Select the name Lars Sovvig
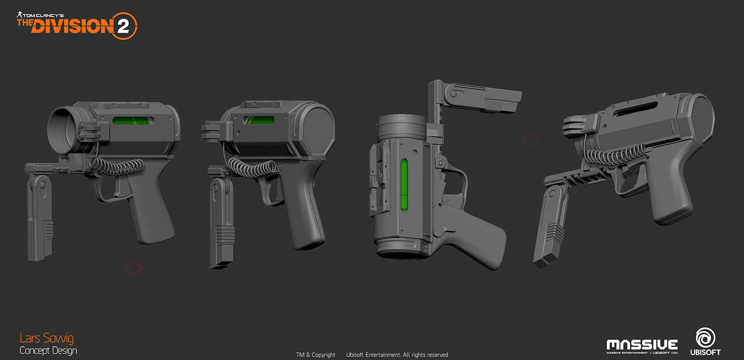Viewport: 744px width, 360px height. [47, 338]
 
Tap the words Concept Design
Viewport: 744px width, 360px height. [48, 350]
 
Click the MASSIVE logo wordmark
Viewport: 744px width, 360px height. [642, 345]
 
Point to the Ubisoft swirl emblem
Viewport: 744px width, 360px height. [705, 337]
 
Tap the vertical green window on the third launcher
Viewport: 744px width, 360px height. [404, 187]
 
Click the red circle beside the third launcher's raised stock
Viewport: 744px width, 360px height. [530, 140]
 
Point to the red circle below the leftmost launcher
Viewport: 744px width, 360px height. [133, 267]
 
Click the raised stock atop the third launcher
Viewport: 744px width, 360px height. [478, 98]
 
